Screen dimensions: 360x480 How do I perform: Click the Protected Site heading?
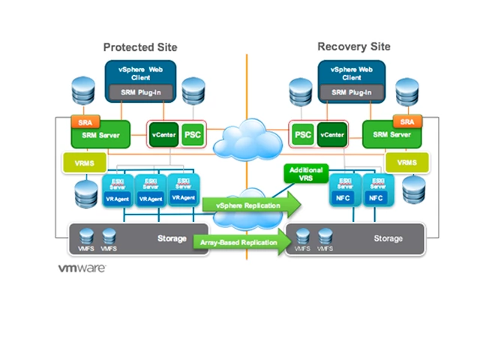(140, 46)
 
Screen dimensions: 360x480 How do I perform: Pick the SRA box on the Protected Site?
(80, 121)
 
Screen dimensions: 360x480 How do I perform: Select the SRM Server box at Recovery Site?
(388, 136)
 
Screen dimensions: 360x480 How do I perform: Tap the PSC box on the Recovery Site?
(302, 136)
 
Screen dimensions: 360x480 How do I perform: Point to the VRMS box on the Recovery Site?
(407, 163)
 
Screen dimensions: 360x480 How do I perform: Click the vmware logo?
(82, 268)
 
